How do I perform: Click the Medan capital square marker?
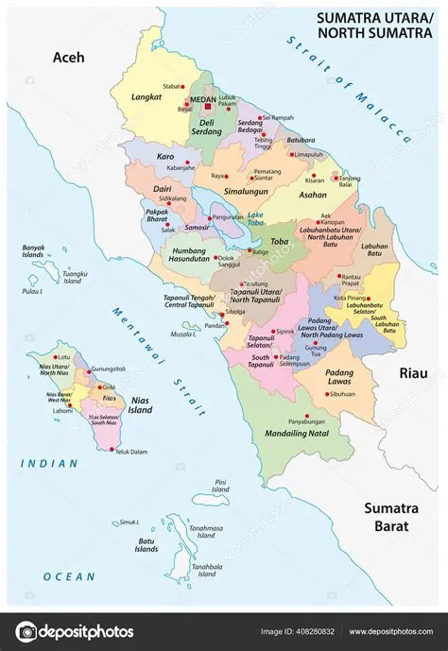point(210,107)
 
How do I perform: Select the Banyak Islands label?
point(33,251)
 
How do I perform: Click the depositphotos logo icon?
point(26,631)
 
